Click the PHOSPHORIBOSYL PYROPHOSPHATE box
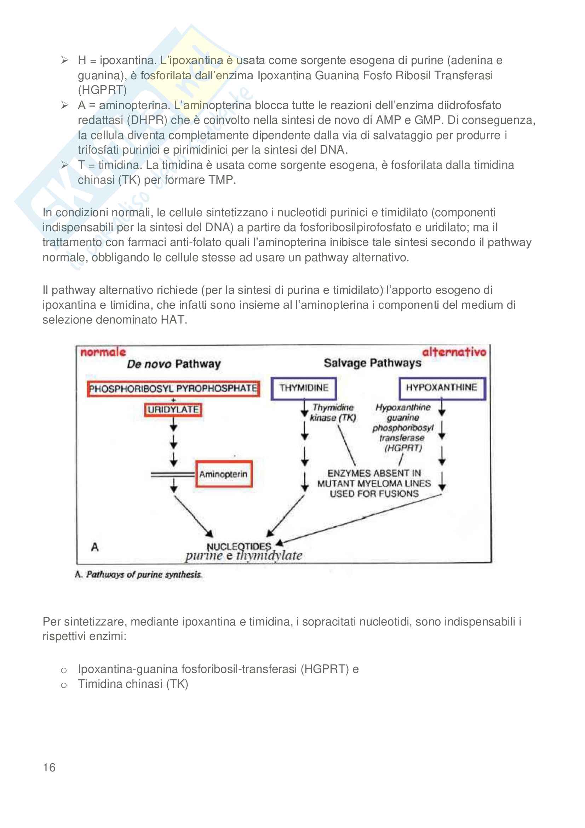coord(173,388)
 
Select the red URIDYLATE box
coord(173,410)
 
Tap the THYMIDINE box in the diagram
coord(304,388)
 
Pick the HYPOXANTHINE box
coord(442,388)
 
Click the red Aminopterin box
coord(223,474)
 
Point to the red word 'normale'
coord(103,352)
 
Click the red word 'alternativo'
coord(454,352)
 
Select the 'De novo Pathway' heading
coord(173,364)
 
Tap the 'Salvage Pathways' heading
coord(372,363)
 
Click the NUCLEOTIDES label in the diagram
coord(239,547)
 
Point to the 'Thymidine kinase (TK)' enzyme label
coord(333,412)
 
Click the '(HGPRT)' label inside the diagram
coord(403,448)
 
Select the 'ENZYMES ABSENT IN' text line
coord(374,473)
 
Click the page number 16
coord(49,767)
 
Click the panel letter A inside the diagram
coord(95,547)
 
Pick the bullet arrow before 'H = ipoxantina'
coord(65,60)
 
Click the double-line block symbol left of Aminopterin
coord(173,475)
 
